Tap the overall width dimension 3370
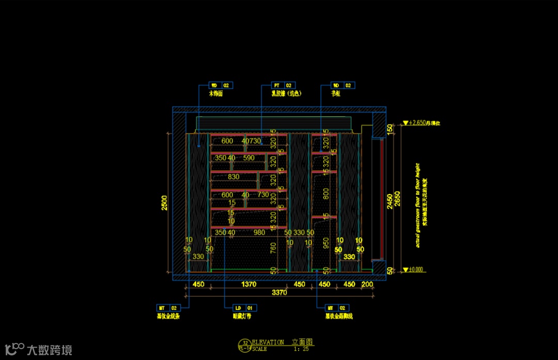click(x=280, y=293)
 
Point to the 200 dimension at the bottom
click(x=367, y=285)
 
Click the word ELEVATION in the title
click(x=268, y=342)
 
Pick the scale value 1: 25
click(x=304, y=349)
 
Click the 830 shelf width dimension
click(x=234, y=177)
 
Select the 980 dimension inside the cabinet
click(x=259, y=232)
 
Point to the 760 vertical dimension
click(x=273, y=248)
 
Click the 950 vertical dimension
click(x=326, y=243)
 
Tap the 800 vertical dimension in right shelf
click(x=326, y=193)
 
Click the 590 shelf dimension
click(x=249, y=158)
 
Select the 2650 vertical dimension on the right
click(x=397, y=199)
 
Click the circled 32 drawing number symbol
click(x=245, y=342)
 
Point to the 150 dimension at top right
click(x=390, y=128)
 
